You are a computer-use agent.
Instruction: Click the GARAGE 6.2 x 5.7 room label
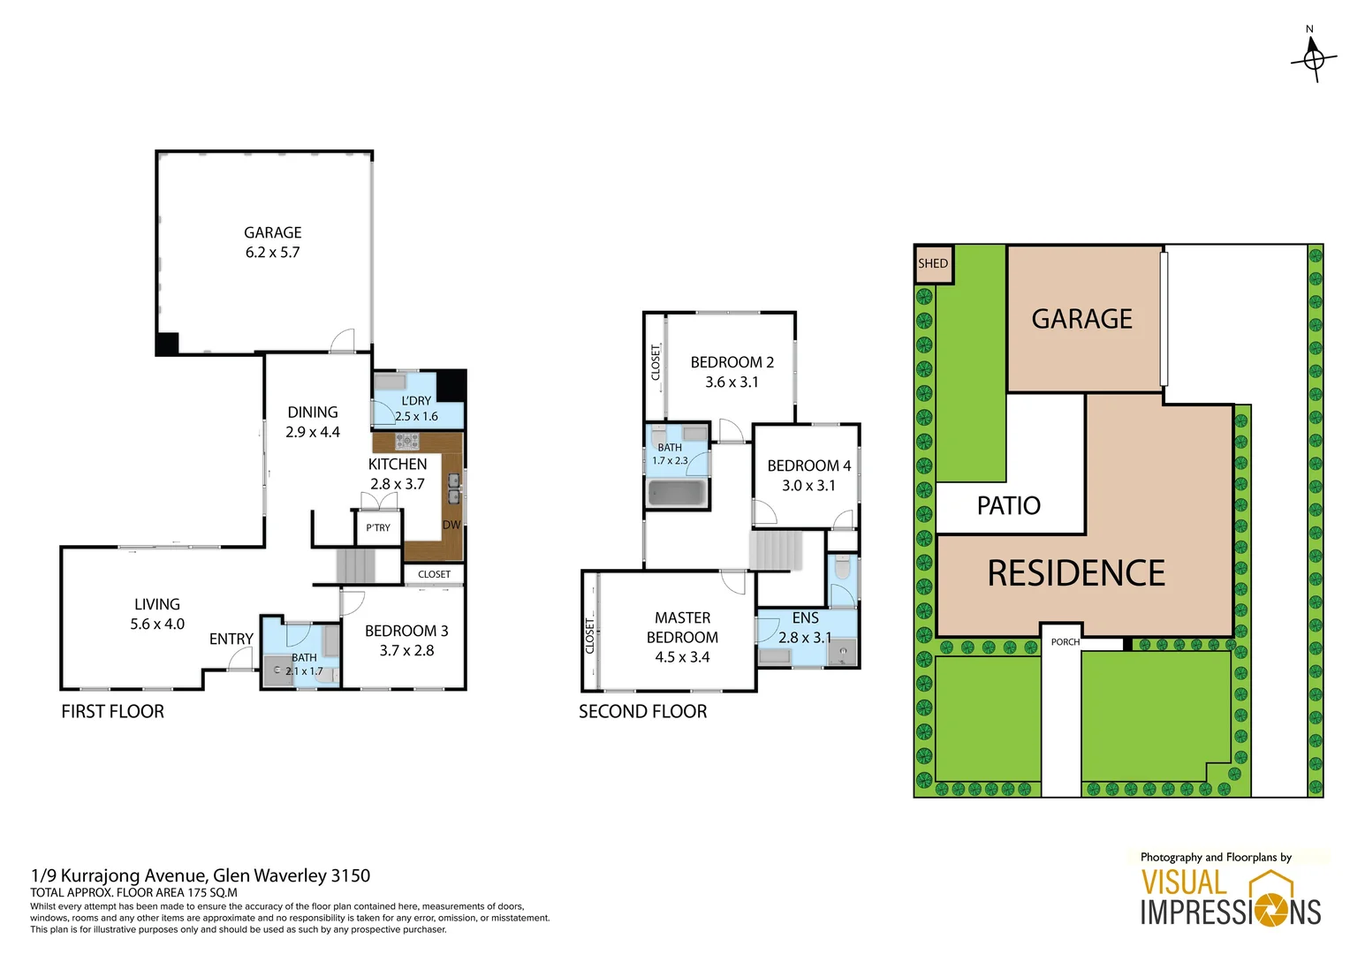tap(272, 242)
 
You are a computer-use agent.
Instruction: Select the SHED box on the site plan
tap(933, 264)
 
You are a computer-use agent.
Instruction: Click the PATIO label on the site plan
tap(1008, 505)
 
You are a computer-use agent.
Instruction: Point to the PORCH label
tap(1065, 642)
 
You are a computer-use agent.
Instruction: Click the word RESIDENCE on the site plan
tap(1075, 573)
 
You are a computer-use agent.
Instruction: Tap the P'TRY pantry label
tap(378, 527)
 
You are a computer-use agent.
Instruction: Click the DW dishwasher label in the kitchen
tap(451, 525)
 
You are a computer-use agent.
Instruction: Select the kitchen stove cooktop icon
tap(406, 441)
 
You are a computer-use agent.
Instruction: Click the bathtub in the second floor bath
tap(678, 493)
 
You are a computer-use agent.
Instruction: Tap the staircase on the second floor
tap(776, 550)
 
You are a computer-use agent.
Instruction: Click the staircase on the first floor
tap(356, 565)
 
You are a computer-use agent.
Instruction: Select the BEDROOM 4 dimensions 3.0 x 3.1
tap(808, 486)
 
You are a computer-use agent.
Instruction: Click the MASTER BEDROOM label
tap(682, 627)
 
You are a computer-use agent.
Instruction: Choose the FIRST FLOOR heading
tap(112, 711)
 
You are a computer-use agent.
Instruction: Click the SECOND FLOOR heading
tap(642, 711)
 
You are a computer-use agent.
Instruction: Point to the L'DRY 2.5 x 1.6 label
tap(416, 408)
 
